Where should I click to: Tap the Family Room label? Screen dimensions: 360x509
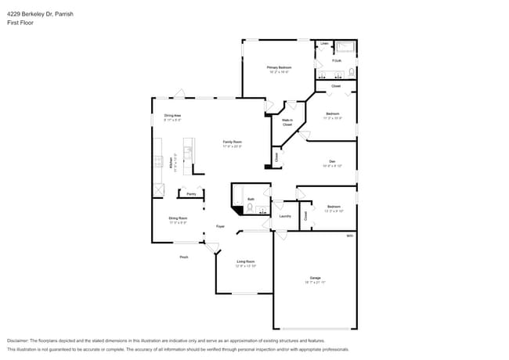point(232,142)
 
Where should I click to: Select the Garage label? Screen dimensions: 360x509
point(315,279)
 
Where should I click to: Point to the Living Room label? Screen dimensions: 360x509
point(246,264)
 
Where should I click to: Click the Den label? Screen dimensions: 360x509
point(332,162)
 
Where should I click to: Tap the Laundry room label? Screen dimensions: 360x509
point(285,216)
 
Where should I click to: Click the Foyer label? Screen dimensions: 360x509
point(222,226)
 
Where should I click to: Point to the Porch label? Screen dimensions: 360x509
point(184,257)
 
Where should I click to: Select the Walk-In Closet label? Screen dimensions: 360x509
point(287,122)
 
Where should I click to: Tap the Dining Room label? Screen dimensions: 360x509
point(178,219)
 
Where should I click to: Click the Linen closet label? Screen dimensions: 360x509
point(324,44)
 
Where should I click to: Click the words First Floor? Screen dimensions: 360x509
point(22,23)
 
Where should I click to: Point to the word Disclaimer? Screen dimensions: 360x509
point(20,340)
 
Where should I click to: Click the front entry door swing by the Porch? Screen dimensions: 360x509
point(212,247)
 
